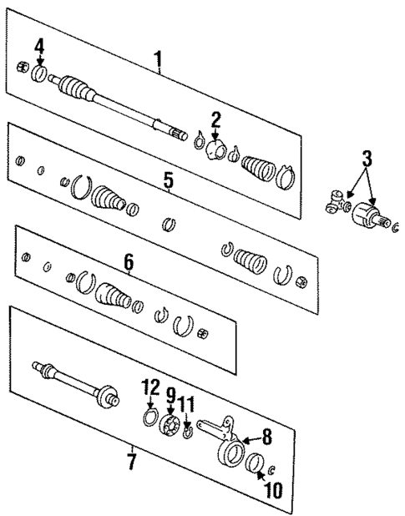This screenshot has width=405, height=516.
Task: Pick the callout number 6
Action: (129, 262)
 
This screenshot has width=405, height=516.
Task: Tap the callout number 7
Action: (130, 459)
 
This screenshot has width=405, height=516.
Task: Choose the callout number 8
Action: (266, 435)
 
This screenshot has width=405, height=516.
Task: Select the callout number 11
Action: (189, 405)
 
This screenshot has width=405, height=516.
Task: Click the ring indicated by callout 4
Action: (39, 72)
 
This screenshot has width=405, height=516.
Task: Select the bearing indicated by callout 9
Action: (170, 427)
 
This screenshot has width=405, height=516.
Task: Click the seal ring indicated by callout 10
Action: (256, 463)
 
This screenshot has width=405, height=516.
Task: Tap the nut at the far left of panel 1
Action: (23, 66)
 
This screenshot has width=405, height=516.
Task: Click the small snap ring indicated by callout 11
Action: (190, 432)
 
